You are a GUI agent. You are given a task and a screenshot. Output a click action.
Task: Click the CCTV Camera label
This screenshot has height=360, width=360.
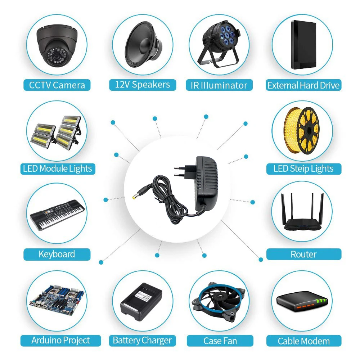tap(57, 85)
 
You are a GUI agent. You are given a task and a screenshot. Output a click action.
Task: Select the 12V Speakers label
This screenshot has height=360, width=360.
tap(143, 85)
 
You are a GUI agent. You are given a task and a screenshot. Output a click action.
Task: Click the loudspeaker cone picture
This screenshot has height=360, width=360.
tap(143, 44)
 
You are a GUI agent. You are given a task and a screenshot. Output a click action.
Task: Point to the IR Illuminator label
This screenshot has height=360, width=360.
tap(219, 85)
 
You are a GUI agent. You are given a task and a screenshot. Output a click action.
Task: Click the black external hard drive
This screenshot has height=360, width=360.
tap(303, 45)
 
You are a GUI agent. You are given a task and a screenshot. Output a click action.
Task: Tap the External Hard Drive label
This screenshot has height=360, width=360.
tap(303, 85)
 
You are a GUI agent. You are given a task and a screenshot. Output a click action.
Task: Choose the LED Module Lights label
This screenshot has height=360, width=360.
tap(58, 169)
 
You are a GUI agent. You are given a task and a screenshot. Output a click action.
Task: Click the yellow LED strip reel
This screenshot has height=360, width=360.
tap(302, 131)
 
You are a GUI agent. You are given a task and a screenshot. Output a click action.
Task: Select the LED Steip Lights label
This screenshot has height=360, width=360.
tap(303, 169)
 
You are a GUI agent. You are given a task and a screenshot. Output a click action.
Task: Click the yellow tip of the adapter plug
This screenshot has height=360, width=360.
tap(134, 197)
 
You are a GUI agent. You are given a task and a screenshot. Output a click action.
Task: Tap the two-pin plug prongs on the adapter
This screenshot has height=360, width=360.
tap(180, 171)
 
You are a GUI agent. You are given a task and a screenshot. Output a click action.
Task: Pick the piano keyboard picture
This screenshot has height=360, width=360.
tap(57, 215)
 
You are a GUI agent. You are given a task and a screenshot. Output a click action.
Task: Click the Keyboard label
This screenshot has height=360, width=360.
tap(57, 255)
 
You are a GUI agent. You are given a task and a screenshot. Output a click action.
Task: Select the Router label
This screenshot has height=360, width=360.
tap(303, 255)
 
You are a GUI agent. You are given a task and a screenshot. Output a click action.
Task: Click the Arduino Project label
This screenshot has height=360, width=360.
tap(60, 341)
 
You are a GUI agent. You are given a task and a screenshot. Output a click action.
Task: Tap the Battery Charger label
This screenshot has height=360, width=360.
tap(142, 341)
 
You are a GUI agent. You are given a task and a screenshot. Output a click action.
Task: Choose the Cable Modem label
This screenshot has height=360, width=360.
tap(303, 341)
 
